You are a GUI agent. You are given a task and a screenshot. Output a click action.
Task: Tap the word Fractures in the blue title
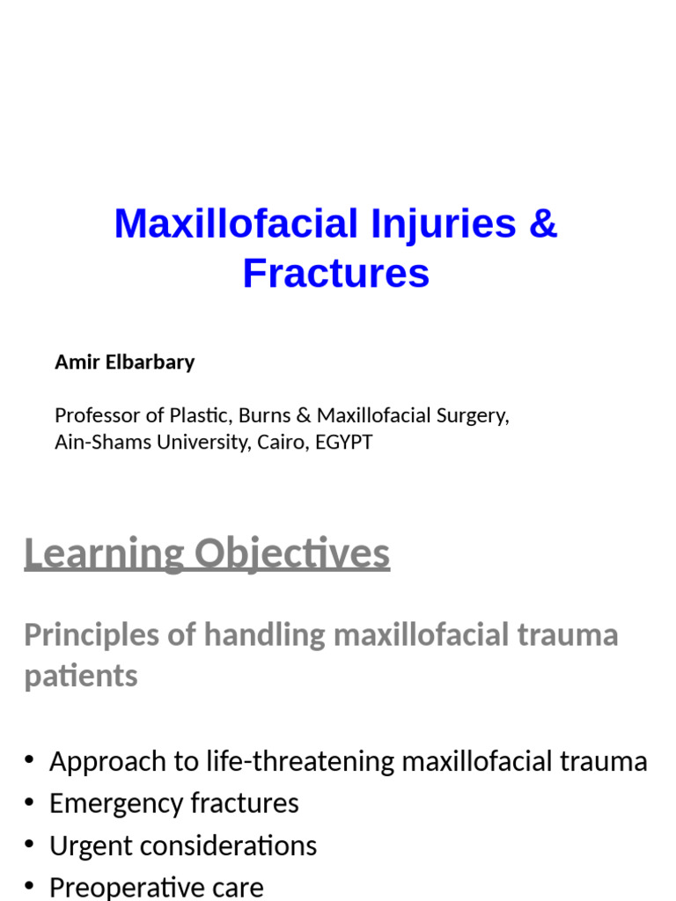click(336, 273)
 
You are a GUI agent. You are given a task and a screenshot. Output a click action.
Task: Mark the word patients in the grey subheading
click(81, 676)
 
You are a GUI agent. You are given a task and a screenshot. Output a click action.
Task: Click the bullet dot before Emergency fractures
click(30, 803)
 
